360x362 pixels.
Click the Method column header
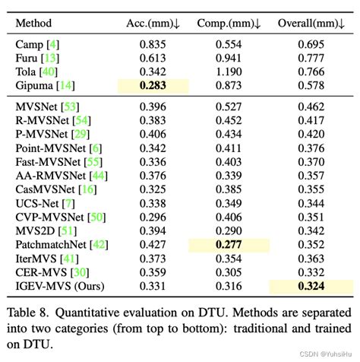(34, 24)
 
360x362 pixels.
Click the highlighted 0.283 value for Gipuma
(153, 87)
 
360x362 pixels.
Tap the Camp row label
(29, 45)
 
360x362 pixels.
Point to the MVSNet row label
(36, 107)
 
